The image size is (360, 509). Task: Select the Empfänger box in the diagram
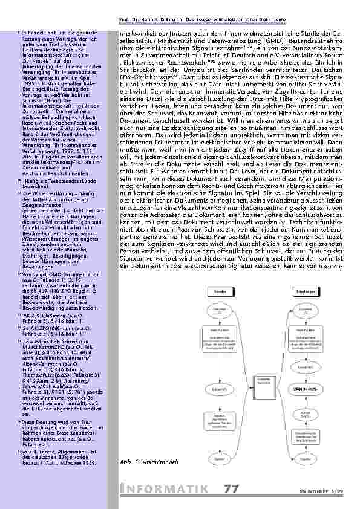(x=306, y=292)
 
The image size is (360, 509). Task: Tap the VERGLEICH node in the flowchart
(x=310, y=389)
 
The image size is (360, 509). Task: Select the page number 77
(x=231, y=489)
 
